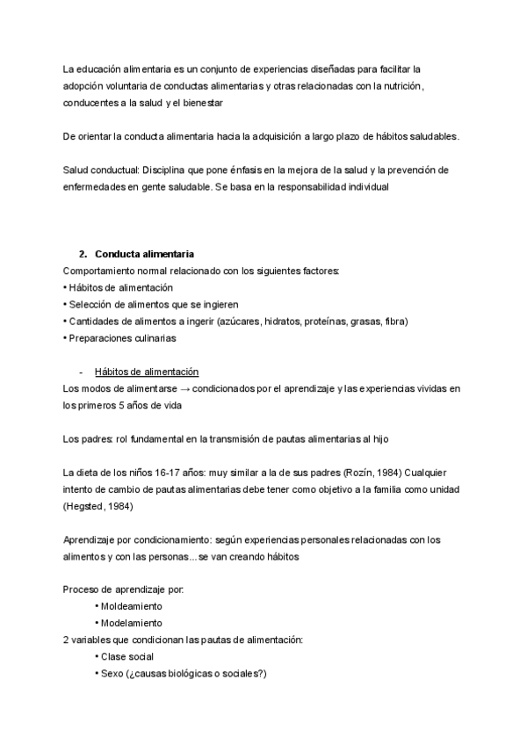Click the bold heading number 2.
(83, 254)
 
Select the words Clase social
(128, 656)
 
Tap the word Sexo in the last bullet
(110, 673)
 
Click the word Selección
(90, 304)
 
